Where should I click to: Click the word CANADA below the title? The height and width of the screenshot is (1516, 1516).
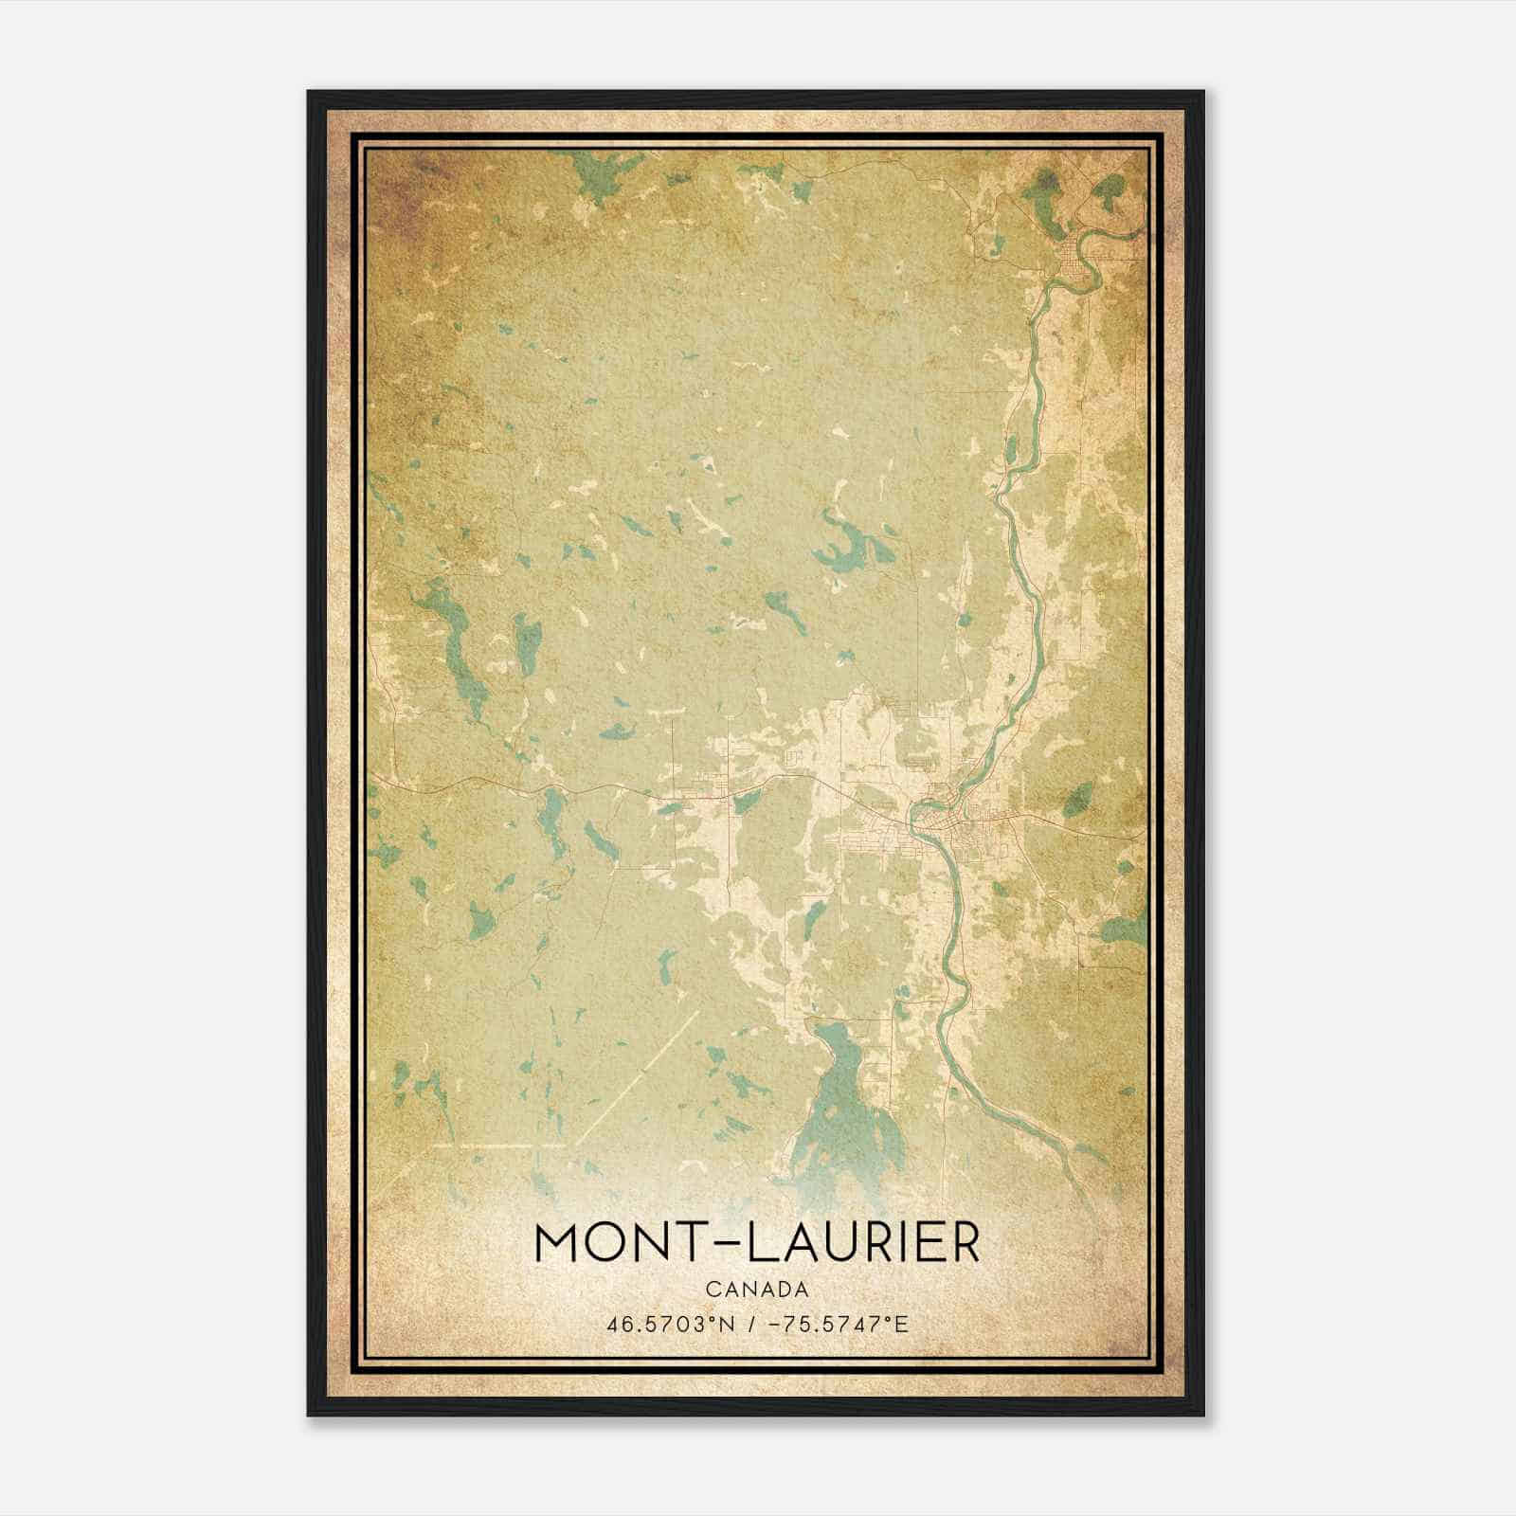point(756,1289)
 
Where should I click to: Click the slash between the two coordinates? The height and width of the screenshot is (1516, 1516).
point(749,1324)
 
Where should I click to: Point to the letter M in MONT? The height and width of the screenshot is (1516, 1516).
point(559,1243)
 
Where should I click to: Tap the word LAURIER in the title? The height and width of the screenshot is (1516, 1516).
point(863,1243)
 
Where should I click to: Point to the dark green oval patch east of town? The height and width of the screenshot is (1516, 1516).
point(1078,801)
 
